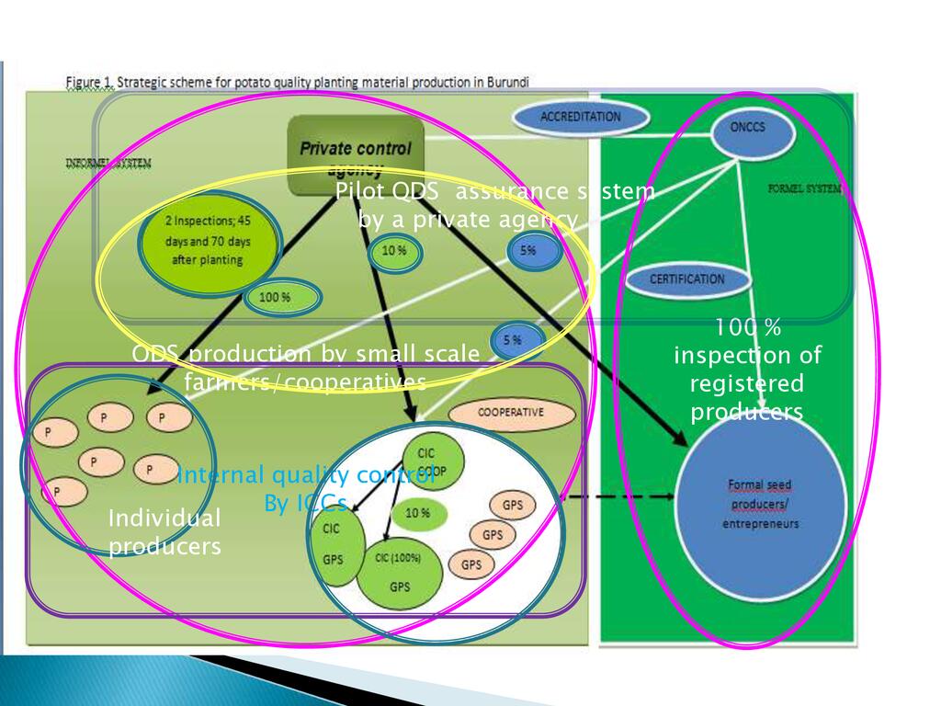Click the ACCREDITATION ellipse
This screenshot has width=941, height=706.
[580, 117]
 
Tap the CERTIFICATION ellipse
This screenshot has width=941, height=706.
[687, 279]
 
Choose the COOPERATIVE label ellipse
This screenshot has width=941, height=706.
[510, 413]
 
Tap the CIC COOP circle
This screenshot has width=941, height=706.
[432, 461]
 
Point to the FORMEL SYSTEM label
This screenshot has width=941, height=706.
[804, 189]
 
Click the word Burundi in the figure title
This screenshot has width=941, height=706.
[506, 81]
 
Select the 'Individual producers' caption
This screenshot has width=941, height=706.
[164, 532]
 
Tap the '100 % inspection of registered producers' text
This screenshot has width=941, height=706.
[747, 369]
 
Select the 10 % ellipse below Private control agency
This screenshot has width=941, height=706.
[395, 252]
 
